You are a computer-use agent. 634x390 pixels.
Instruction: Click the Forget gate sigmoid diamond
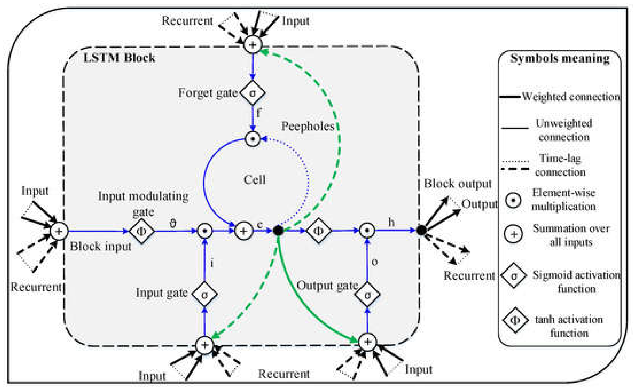pos(252,93)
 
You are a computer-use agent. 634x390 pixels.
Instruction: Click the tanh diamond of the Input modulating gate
pos(142,231)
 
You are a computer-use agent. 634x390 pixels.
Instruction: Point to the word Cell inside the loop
pos(255,179)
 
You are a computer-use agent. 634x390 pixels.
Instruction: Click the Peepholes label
pos(308,126)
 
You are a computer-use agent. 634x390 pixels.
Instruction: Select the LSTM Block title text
pos(119,57)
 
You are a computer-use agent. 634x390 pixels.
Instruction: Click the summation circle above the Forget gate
pos(252,45)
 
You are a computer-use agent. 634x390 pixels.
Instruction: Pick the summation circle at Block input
pos(59,231)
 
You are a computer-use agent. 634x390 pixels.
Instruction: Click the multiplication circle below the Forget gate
pos(252,139)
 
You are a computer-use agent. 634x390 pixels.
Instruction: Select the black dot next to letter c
pos(278,230)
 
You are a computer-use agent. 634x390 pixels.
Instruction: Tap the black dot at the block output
pos(421,230)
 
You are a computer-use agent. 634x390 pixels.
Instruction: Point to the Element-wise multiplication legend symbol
pos(513,200)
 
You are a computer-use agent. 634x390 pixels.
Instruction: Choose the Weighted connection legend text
pos(571,97)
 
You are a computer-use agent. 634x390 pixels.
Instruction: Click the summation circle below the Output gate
pos(367,342)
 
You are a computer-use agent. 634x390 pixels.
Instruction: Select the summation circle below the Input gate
pos(204,345)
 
